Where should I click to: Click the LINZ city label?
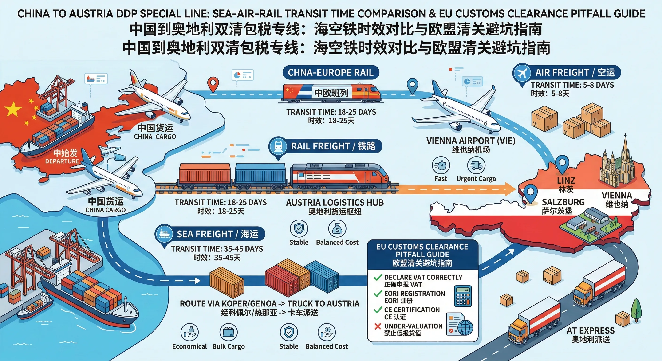tap(566, 181)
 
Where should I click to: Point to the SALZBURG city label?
tap(563, 202)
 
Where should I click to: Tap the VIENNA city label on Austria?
tap(617, 196)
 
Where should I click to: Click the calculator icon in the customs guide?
tap(463, 296)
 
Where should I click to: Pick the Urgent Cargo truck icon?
tap(476, 165)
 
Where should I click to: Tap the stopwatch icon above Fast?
tap(441, 165)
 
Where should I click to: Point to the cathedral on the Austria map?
tap(617, 165)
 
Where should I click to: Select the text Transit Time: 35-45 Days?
tap(217, 249)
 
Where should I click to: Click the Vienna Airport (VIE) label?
tap(471, 141)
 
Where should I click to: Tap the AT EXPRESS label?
tap(591, 330)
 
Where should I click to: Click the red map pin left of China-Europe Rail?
tap(213, 84)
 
